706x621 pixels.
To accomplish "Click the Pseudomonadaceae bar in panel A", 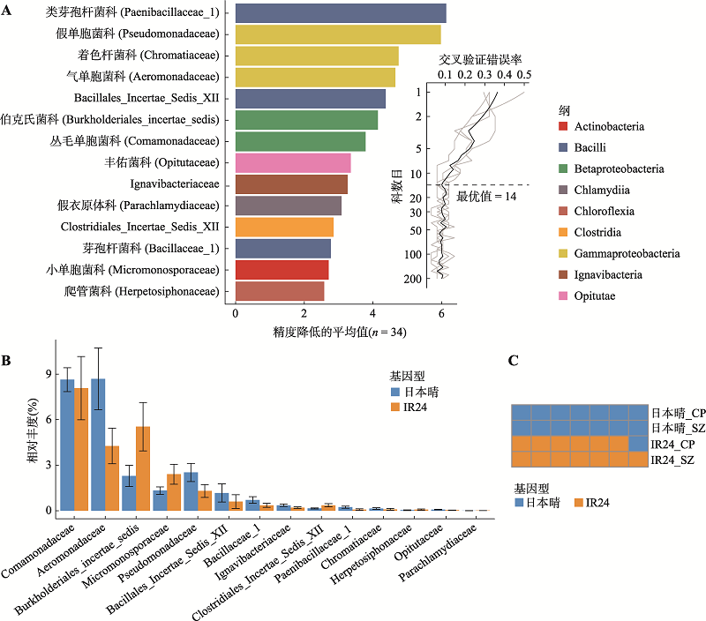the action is (338, 34).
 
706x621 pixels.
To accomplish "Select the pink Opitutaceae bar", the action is (293, 163).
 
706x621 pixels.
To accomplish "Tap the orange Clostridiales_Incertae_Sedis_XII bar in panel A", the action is (284, 228).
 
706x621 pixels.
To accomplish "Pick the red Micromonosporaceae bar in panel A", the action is (282, 270).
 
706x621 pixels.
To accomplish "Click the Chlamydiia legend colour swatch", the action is (563, 190).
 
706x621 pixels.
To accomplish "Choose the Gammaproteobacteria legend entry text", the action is (627, 253).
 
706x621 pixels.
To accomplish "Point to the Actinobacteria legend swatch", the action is (563, 126).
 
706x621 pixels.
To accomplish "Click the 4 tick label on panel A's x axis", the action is (372, 314).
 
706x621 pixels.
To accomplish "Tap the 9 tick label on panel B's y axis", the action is (49, 374).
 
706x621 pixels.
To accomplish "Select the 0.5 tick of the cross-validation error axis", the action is (523, 75).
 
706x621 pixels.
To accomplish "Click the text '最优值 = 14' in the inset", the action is (486, 197).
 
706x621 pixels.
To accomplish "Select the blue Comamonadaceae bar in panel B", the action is (68, 445).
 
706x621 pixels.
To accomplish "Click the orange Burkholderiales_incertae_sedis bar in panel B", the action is (143, 468).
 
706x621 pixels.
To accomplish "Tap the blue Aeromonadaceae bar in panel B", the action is (98, 445).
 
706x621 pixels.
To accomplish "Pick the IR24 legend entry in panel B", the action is (409, 407).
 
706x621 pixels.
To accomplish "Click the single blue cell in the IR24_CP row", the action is (638, 444).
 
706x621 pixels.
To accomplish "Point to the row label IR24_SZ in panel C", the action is (672, 460).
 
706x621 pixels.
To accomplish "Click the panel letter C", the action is (514, 361).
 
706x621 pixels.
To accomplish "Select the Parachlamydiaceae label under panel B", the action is (439, 553).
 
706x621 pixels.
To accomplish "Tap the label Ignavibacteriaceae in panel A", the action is (175, 184).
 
